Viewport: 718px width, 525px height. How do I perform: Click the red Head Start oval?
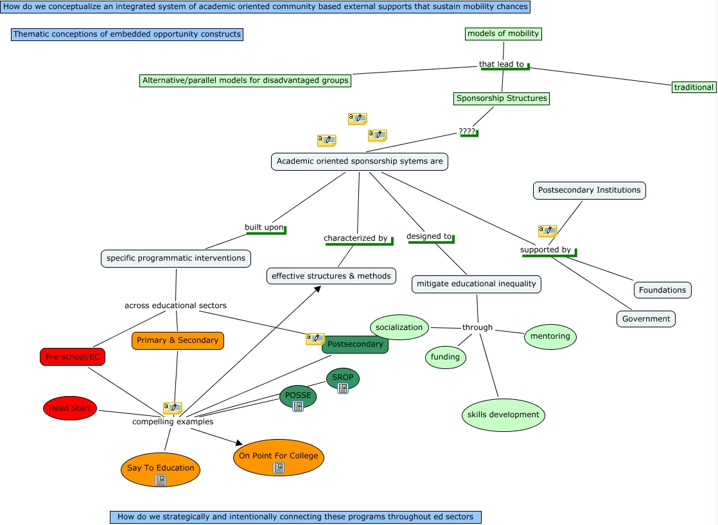[70, 408]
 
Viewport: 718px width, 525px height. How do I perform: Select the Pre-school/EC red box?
[73, 357]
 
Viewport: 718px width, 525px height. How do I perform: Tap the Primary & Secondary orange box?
[178, 340]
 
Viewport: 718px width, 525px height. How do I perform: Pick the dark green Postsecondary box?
[355, 344]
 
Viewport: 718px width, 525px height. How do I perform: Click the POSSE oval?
[298, 395]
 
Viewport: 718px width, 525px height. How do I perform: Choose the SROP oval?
[343, 377]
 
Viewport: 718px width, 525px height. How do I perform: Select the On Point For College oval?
[278, 456]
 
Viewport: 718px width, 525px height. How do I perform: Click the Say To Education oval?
[161, 468]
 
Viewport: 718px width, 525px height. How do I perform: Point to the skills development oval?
[503, 415]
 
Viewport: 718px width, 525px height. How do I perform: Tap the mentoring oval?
[550, 336]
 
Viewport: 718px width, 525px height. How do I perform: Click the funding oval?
[445, 357]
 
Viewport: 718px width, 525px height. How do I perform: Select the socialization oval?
[399, 327]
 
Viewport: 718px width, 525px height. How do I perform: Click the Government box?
[646, 319]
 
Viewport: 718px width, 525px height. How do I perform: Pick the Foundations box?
[662, 290]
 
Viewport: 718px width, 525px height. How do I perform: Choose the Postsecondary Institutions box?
[589, 190]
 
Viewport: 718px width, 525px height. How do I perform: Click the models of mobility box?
[503, 33]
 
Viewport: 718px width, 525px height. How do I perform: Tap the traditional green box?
[694, 87]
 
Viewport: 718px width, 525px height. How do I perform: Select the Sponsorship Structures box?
[502, 98]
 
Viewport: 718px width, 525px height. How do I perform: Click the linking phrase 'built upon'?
[264, 227]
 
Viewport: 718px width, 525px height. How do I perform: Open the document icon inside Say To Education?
[161, 480]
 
